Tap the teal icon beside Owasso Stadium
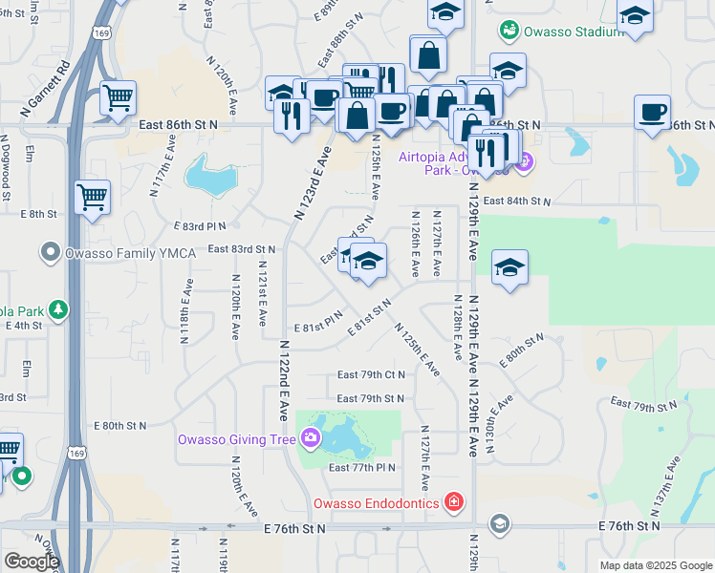click(x=509, y=31)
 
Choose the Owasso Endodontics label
click(x=377, y=502)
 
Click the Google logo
click(x=32, y=562)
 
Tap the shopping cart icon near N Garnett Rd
click(x=118, y=97)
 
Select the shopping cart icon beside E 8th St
click(x=93, y=198)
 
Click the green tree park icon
click(x=59, y=309)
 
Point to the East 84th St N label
click(x=517, y=202)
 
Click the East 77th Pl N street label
click(x=361, y=467)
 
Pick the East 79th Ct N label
click(x=371, y=375)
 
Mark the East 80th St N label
click(x=119, y=425)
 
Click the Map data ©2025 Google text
click(x=655, y=565)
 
